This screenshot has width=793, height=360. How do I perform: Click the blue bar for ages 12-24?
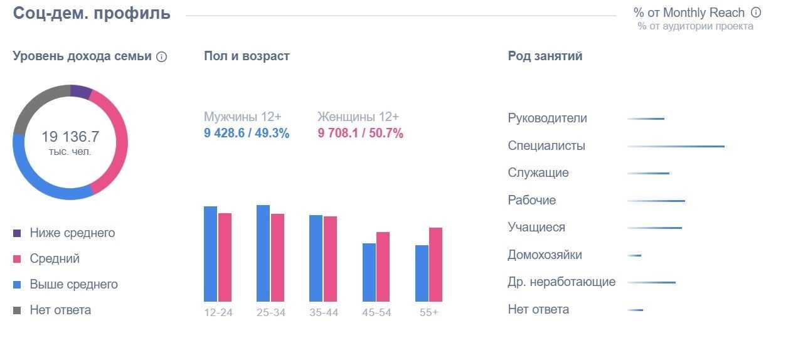pos(210,254)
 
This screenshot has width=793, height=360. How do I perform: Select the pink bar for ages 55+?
pos(435,265)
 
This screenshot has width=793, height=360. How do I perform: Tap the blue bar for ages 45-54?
pos(369,272)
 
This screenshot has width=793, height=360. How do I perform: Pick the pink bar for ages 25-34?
pos(277,258)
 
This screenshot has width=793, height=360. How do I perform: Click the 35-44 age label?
pos(323,312)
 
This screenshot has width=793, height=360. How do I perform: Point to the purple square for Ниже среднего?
pos(17,233)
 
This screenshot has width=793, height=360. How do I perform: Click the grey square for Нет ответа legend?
pos(17,310)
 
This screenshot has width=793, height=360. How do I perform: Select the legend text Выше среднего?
pos(73,284)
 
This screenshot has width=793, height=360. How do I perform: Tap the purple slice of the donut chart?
pos(80,92)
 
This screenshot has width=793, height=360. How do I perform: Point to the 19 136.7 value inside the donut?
pos(70,137)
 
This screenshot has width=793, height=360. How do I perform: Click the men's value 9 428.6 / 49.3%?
pos(247,133)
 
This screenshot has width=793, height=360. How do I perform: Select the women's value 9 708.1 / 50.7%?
pos(360,133)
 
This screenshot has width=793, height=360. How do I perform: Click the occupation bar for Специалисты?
pos(676,146)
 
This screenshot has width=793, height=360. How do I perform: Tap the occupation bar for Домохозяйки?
pos(634,255)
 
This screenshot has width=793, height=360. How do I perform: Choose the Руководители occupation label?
pos(547,119)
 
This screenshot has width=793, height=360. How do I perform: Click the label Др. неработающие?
pos(561,282)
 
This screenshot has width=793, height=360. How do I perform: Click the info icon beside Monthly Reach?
pos(756,13)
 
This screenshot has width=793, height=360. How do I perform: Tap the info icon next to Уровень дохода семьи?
pos(161,56)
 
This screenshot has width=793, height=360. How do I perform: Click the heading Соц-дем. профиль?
pos(92,13)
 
